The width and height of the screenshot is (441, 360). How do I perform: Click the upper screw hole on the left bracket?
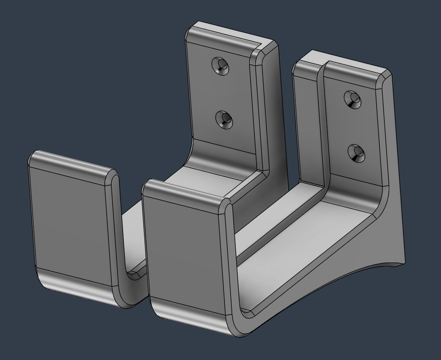point(220,66)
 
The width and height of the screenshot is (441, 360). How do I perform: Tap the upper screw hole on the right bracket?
point(353,100)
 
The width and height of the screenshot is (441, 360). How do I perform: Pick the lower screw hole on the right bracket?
point(357,153)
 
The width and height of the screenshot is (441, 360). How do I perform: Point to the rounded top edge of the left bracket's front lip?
point(72,163)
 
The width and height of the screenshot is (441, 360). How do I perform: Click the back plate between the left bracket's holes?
point(222,92)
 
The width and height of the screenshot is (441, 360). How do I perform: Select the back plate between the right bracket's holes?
point(354,126)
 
